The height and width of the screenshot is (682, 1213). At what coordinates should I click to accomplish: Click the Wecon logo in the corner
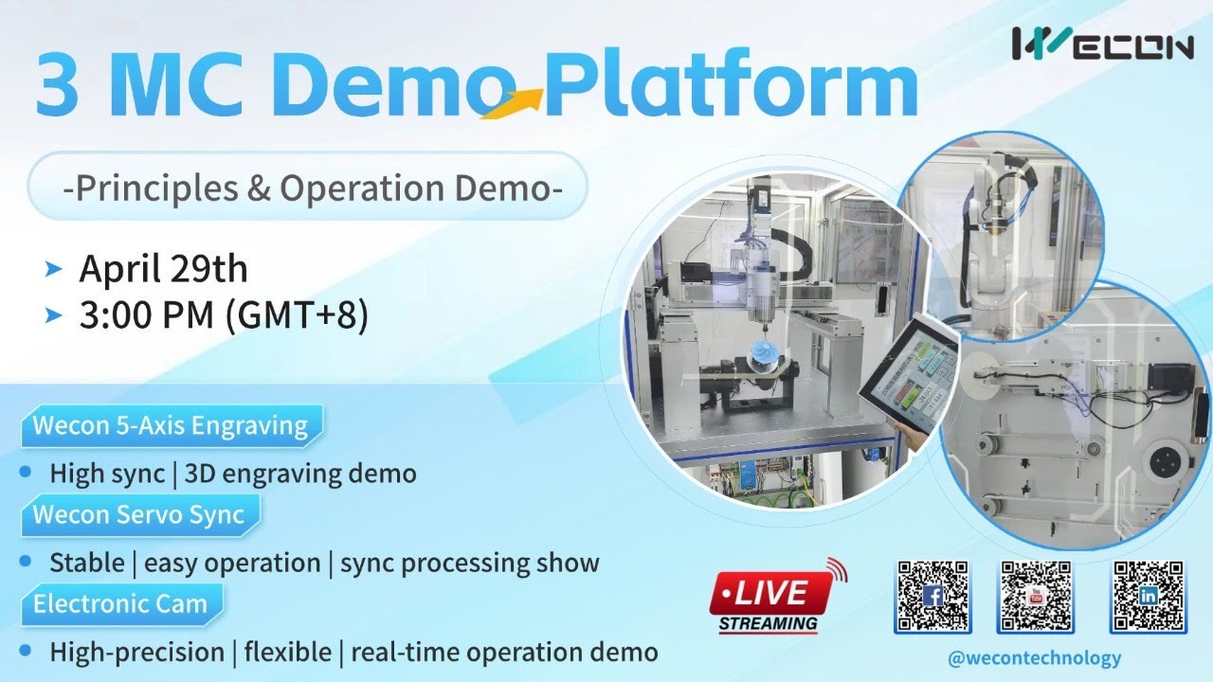1102,44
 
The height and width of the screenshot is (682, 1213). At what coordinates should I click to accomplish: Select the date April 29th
163,269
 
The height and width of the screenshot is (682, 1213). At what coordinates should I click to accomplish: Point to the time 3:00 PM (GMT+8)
223,316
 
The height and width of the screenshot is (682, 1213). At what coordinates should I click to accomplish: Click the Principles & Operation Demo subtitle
312,188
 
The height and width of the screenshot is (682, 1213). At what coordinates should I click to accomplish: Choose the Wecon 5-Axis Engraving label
171,425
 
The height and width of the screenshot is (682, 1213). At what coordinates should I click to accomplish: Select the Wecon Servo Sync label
138,515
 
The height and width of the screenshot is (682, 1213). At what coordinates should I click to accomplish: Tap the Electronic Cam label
120,603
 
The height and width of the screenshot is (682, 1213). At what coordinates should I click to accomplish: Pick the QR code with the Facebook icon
932,596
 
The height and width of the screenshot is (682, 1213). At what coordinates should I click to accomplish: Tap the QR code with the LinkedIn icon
1148,596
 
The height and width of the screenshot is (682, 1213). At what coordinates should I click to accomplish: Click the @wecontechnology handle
1034,657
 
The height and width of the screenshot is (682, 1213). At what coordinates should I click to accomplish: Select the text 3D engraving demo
300,473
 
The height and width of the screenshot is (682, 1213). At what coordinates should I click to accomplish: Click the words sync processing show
469,563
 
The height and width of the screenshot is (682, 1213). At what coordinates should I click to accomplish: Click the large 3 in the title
57,83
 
